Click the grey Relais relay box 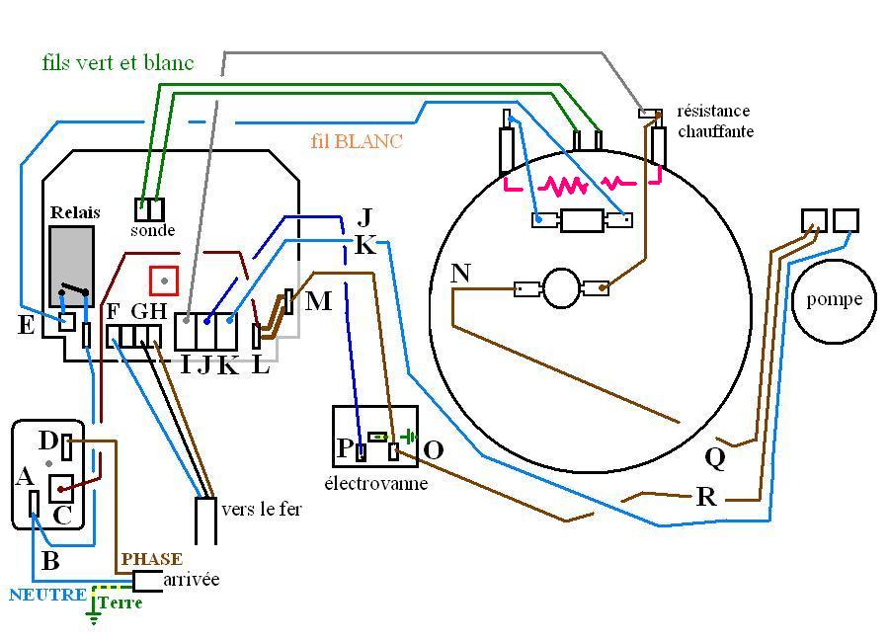pos(71,266)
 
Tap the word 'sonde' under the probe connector pos(152,230)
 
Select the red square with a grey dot pos(164,281)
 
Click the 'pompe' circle pos(834,301)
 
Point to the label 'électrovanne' pos(376,483)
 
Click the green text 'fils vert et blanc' pos(118,62)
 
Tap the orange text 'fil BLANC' pos(357,140)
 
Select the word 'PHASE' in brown pos(152,559)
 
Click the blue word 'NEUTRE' pos(47,595)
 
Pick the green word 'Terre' pos(120,602)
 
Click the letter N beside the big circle pos(460,274)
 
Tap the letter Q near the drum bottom pos(715,457)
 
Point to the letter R pos(706,497)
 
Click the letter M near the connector pos(318,300)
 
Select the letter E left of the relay pos(26,325)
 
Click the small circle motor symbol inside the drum pos(561,288)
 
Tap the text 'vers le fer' pos(262,510)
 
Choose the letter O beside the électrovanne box pos(434,450)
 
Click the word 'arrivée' pos(191,580)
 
